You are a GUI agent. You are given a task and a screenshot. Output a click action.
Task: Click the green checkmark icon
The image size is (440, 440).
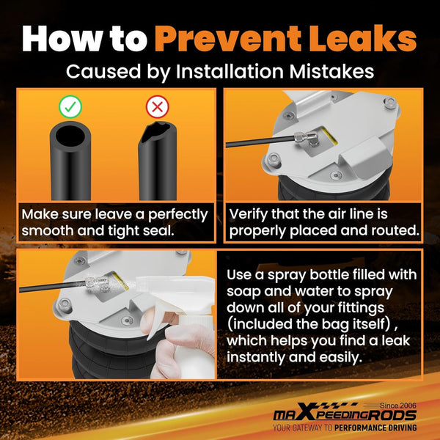pos(70,106)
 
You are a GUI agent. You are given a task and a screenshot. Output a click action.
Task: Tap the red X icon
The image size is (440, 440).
pos(158,106)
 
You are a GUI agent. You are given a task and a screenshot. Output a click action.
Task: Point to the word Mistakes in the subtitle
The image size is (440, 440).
pos(331,71)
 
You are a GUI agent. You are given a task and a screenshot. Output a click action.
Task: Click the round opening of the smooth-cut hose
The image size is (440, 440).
pos(70,136)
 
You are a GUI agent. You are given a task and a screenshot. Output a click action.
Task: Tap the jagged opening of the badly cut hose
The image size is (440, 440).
pos(156,131)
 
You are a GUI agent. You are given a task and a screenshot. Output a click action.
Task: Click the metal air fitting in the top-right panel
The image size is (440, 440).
pos(307,138)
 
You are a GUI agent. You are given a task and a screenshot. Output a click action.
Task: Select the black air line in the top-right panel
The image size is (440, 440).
pos(260,141)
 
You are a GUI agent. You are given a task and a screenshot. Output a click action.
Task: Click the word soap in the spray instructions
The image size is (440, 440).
pos(243,292)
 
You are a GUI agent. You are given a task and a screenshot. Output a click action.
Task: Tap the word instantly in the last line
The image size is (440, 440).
pos(255,357)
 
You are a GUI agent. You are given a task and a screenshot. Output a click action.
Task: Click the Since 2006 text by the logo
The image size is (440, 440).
pos(398,406)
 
